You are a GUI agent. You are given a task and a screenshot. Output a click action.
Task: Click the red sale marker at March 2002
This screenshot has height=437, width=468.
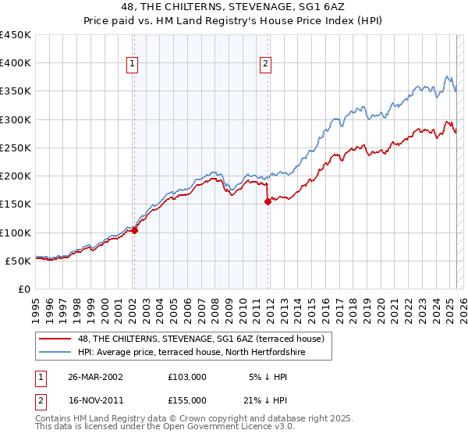pos(134,230)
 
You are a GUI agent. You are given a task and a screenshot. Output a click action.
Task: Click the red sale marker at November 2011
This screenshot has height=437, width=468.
pos(268,201)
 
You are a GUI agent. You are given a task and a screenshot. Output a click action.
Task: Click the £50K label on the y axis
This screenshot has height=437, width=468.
pos(18,261)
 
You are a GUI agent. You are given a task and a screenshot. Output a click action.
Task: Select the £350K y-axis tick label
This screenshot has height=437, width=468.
pos(16,91)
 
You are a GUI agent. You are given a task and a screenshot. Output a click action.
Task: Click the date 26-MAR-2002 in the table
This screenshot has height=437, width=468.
pos(95,376)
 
